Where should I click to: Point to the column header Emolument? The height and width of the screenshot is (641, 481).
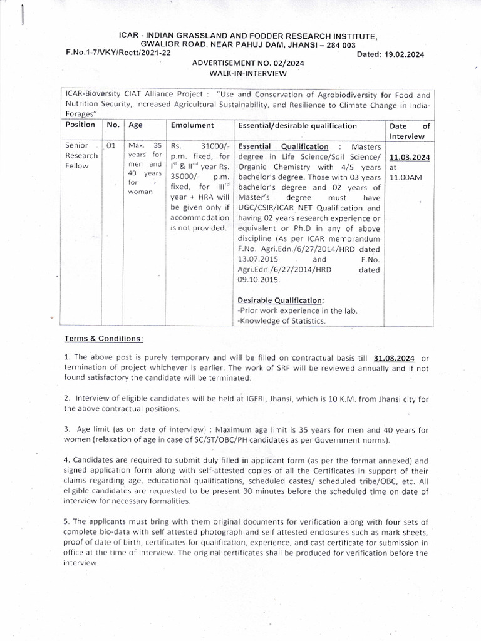[x=192, y=125]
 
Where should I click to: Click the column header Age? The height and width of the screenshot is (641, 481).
[x=135, y=125]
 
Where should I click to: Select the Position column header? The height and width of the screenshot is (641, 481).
[x=80, y=125]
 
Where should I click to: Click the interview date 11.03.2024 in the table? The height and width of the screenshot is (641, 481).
[x=409, y=157]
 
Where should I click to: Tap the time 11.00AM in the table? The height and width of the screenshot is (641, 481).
[x=406, y=178]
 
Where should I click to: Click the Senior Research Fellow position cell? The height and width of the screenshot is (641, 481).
[x=81, y=156]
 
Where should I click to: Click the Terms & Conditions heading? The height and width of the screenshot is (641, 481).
[x=103, y=339]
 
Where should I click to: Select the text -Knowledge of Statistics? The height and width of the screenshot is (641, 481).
[x=282, y=321]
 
